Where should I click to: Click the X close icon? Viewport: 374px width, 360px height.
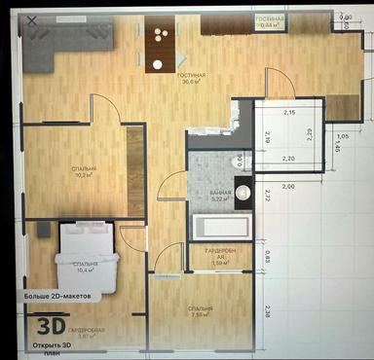pos(36,19)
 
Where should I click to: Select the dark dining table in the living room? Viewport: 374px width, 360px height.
pos(159,44)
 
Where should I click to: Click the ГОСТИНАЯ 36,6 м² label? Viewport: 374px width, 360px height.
pos(189,79)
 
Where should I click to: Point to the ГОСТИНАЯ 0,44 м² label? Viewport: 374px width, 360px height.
pos(268,22)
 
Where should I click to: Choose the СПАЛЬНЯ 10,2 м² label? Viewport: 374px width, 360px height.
pos(84,174)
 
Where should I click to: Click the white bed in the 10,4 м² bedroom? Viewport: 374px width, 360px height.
pos(86,255)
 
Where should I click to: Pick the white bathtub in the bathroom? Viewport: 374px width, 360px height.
pos(220,229)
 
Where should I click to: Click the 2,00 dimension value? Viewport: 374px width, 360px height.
pos(287,185)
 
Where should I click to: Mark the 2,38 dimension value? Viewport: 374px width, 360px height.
pos(268,311)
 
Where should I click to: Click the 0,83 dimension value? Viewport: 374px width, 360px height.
pos(268,255)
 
